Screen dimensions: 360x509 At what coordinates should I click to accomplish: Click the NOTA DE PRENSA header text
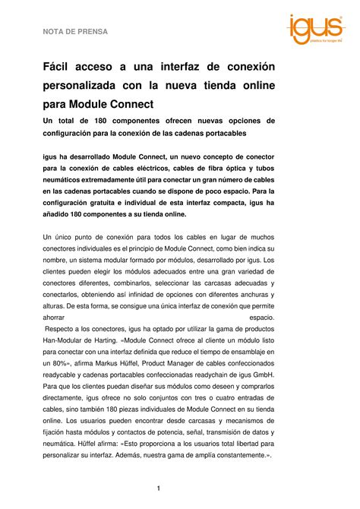point(75,32)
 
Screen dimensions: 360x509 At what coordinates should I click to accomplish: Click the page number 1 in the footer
point(158,488)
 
